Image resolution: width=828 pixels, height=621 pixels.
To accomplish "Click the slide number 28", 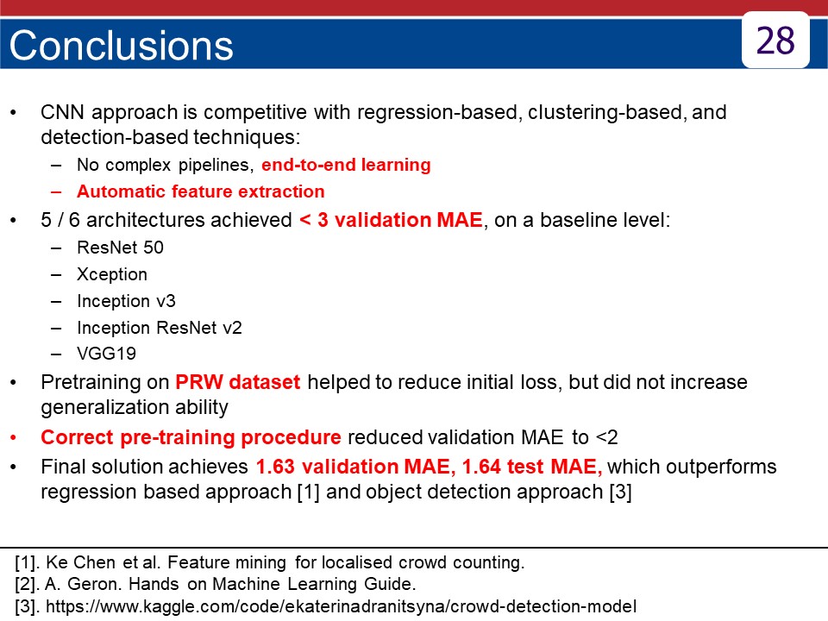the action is [775, 41].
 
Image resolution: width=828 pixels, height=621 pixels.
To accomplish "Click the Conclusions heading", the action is [121, 46].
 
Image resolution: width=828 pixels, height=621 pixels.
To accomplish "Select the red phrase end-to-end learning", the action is [346, 165].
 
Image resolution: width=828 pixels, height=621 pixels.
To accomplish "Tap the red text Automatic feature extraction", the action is [201, 191].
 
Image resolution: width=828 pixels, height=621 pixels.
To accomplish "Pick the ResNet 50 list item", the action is [121, 248].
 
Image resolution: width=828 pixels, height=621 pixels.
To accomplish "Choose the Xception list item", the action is [112, 274].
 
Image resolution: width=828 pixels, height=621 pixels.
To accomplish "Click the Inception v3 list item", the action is [126, 301].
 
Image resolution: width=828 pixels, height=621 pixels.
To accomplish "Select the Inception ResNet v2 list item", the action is [160, 328].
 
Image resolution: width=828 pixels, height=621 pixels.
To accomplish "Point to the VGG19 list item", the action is [107, 354].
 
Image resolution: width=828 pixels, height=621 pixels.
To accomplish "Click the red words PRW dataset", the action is [238, 382].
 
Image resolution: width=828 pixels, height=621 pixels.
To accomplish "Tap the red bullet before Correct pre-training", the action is [14, 438].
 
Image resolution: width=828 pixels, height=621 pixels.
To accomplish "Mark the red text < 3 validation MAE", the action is [391, 220].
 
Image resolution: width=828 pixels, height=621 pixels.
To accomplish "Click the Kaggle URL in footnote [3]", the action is [342, 606].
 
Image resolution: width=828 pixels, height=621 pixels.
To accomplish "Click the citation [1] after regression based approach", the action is [309, 492].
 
